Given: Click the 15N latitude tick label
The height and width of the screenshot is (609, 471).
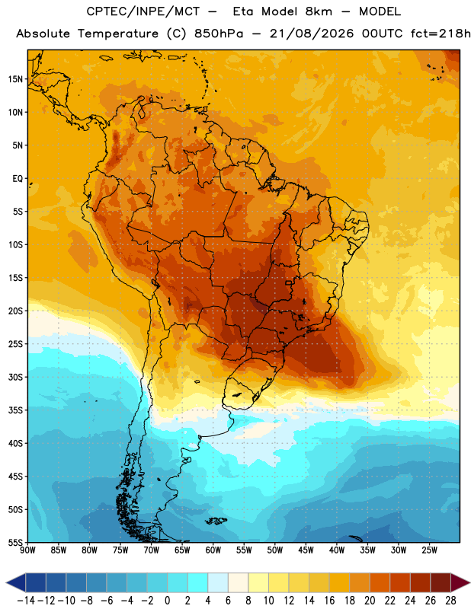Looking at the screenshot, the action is click(x=15, y=79).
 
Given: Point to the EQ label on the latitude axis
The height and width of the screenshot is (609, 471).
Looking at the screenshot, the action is click(x=18, y=179).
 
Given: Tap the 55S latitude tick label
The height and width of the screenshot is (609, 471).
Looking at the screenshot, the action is click(x=15, y=543).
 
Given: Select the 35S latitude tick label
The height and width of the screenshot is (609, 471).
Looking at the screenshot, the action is click(x=15, y=410).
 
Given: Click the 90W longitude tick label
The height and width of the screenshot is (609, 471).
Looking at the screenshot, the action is click(x=28, y=550).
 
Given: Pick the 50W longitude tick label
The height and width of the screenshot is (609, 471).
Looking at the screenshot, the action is click(x=275, y=550).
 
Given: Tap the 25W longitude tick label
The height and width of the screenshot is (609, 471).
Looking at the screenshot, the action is click(x=429, y=550).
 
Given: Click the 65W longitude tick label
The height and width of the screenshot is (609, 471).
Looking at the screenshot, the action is click(x=182, y=550).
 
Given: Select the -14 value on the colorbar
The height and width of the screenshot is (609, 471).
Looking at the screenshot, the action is click(x=27, y=601).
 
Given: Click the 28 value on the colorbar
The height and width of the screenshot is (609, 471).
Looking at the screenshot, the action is click(x=450, y=601).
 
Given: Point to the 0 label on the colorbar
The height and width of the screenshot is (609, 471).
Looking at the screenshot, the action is click(x=168, y=601).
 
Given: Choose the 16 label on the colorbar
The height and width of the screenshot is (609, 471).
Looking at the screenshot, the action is click(x=329, y=601).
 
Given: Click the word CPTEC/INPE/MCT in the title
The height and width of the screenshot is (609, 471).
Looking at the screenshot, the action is click(x=143, y=11).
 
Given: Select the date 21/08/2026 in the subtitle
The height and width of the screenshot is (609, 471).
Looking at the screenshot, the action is click(x=312, y=33).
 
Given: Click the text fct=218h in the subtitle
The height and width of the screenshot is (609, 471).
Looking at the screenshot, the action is click(x=441, y=33).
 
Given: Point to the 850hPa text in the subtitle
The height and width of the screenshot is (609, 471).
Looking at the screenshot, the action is click(x=219, y=33).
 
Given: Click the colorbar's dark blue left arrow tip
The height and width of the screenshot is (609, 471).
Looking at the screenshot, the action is click(x=7, y=583).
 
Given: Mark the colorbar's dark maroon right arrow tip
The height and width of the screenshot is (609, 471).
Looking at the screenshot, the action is click(x=469, y=583).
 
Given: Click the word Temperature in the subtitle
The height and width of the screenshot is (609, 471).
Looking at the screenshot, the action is click(x=118, y=34).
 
